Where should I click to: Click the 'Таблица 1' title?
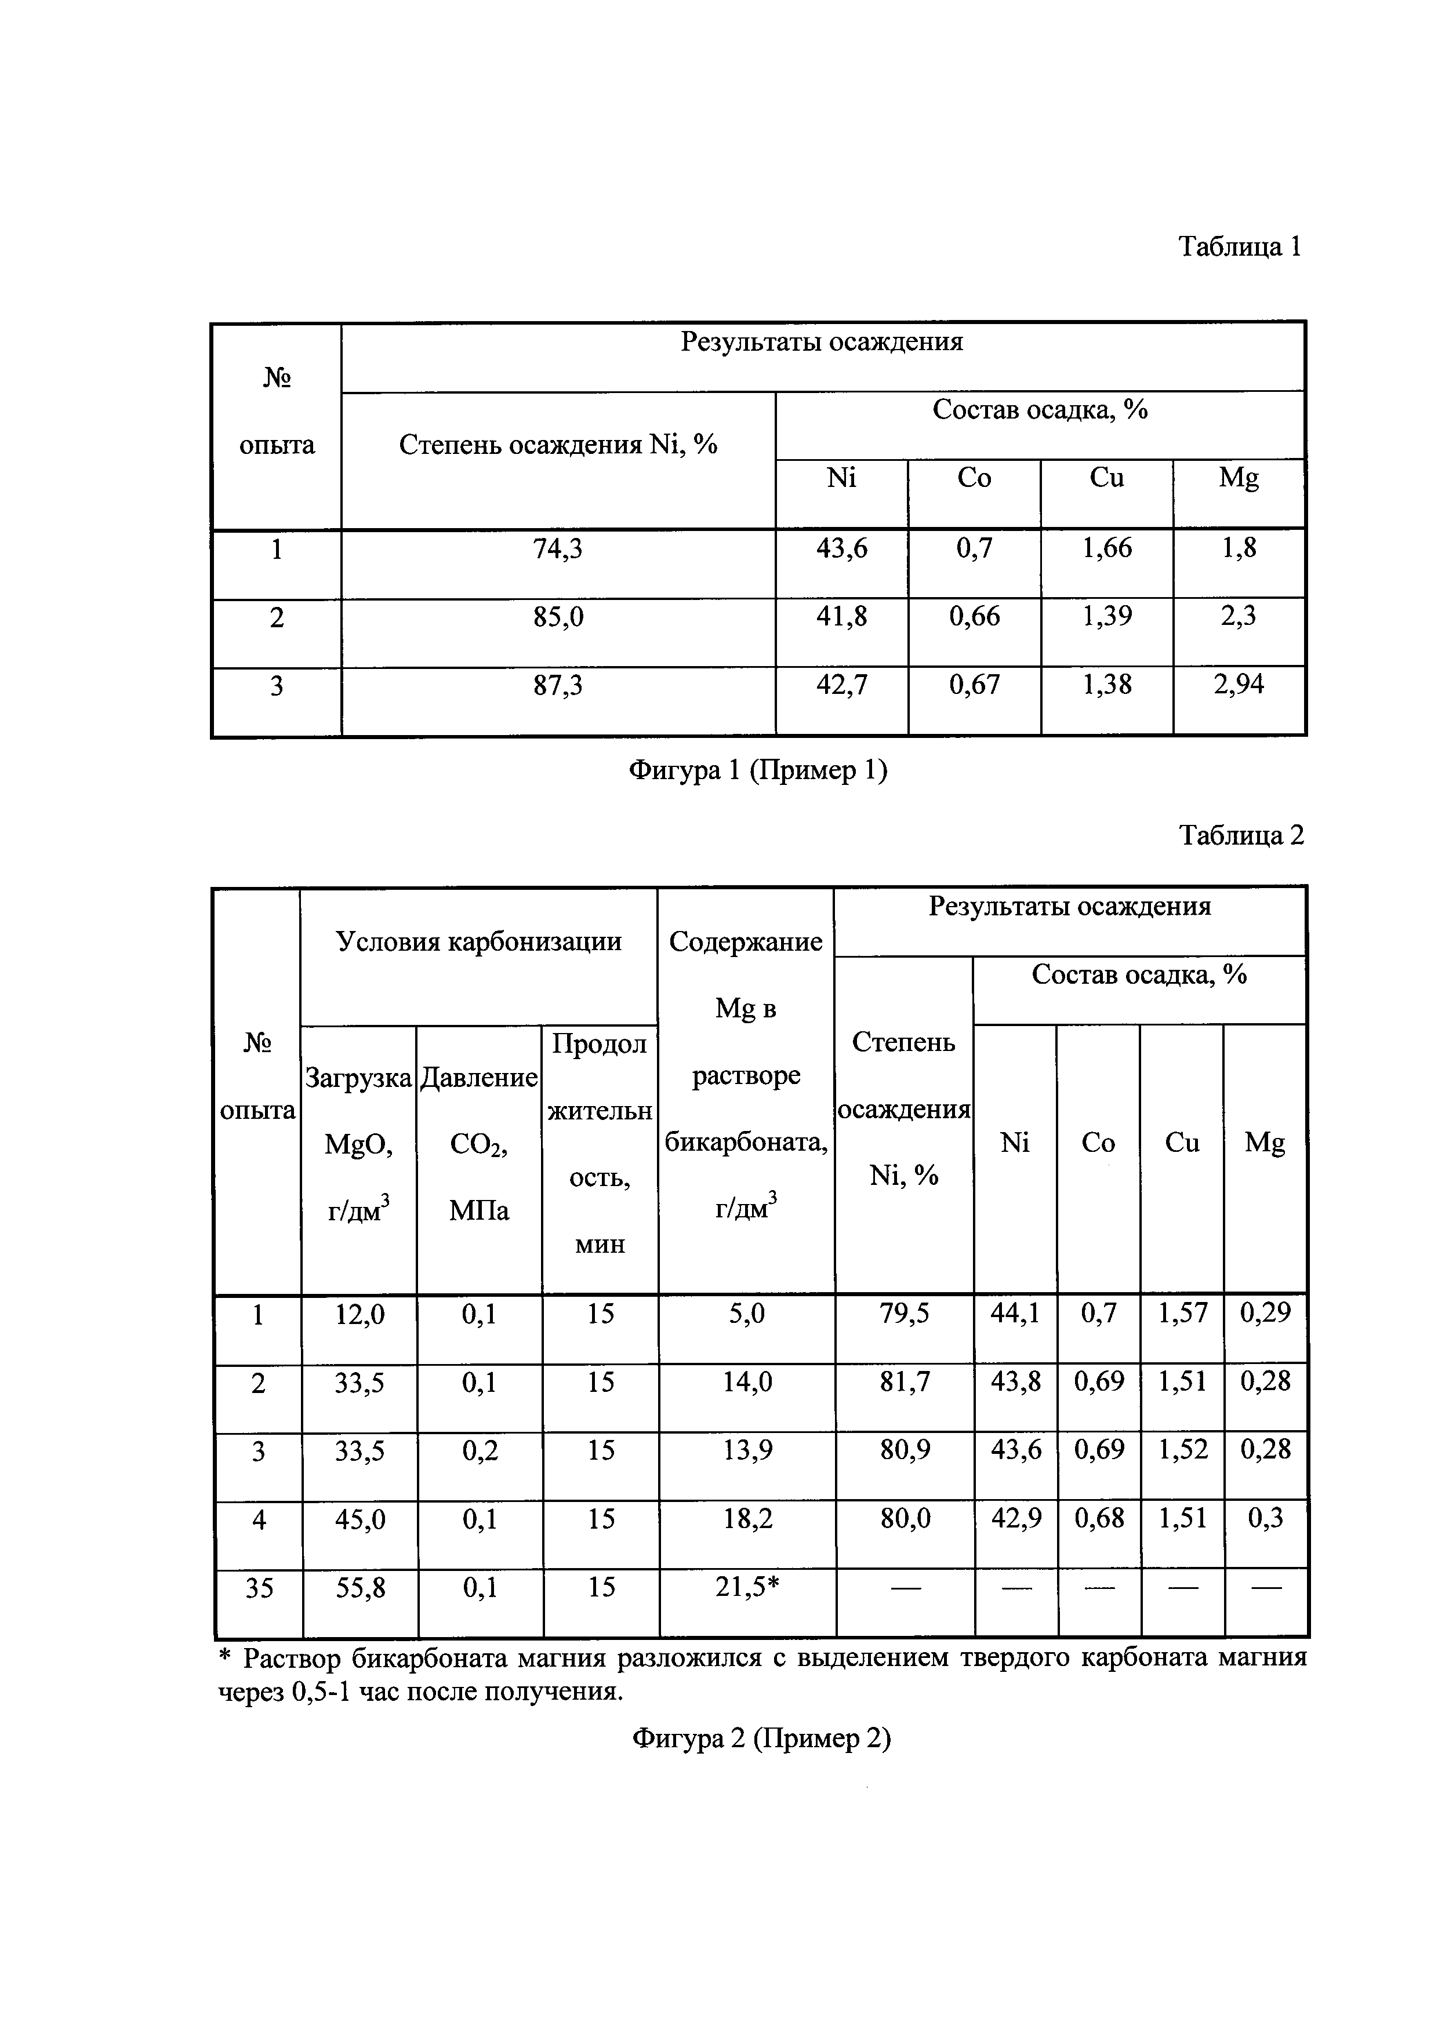pyautogui.click(x=1240, y=246)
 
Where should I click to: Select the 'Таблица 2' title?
pyautogui.click(x=1241, y=834)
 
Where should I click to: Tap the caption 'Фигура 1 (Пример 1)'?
pyautogui.click(x=758, y=770)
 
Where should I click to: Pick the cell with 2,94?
pyautogui.click(x=1239, y=685)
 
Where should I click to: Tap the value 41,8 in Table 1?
pyautogui.click(x=841, y=616)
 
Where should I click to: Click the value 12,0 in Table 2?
pyautogui.click(x=359, y=1315)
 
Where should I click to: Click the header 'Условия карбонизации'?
pyautogui.click(x=479, y=941)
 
